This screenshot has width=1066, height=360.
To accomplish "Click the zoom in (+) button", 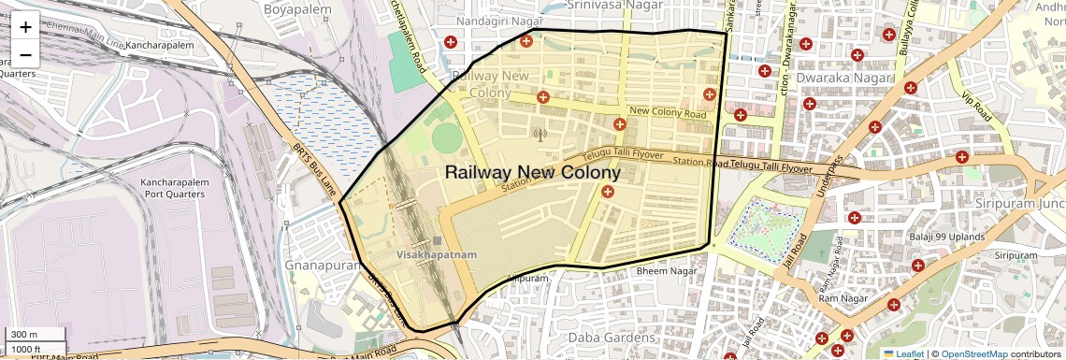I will tap(25, 27).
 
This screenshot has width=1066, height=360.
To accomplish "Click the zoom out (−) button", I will tap(25, 53).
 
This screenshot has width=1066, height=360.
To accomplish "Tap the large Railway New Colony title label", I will tap(532, 173).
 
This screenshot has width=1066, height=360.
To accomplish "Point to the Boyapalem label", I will tap(272, 9).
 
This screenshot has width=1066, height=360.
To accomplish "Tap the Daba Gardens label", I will tap(613, 337).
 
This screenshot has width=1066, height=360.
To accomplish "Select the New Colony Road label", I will tap(667, 113).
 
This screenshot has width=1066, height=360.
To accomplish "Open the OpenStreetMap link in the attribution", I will tap(973, 354).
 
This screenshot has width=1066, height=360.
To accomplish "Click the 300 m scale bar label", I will tap(23, 335).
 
